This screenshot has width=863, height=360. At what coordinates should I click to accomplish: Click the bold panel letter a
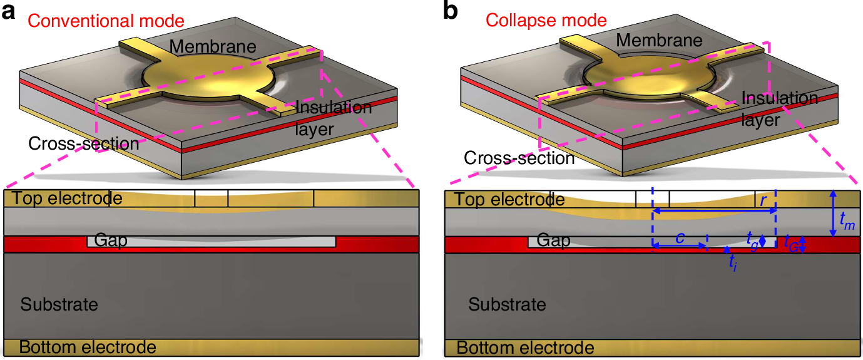coord(9,12)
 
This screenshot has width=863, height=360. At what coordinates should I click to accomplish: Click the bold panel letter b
coord(450,12)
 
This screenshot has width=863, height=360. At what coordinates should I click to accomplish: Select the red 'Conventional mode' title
coord(106,21)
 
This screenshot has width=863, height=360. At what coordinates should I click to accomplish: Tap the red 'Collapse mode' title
coord(546,20)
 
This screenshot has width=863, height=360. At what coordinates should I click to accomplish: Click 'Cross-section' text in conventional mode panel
coord(84,144)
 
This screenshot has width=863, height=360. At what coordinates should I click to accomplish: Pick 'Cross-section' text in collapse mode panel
coord(519,158)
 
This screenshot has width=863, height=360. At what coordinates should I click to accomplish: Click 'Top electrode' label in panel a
coord(63,199)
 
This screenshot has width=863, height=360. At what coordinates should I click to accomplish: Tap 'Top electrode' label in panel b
coord(509,200)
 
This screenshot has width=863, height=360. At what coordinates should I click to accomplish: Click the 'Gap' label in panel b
coord(554,240)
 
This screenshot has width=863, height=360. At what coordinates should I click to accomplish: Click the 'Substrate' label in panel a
coord(59,305)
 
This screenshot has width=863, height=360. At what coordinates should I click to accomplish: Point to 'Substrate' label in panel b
coord(507,305)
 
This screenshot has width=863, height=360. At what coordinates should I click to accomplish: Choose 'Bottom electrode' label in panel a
coord(88,347)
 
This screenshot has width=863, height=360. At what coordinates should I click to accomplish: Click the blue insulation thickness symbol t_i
coord(733,263)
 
